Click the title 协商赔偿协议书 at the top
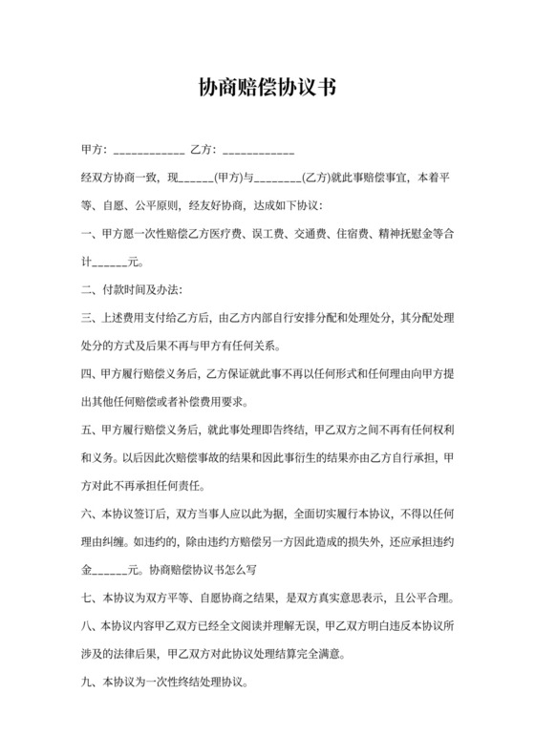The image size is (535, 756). tap(267, 89)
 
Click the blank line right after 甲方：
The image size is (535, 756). tap(148, 153)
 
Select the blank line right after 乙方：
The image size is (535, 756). tap(257, 153)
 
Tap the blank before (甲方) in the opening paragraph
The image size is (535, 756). tap(196, 178)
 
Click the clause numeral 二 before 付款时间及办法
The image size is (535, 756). tap(87, 288)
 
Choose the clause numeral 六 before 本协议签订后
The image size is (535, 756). tap(87, 516)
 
